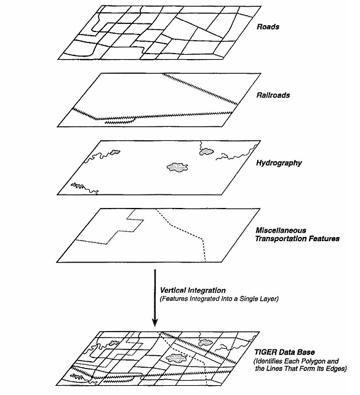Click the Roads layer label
268,26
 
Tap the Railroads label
273,95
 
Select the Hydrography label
279,163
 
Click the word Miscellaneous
281,230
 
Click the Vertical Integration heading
193,290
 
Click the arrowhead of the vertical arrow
155,322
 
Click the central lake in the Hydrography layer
178,167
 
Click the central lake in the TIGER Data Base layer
177,357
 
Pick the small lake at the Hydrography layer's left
114,152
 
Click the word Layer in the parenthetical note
270,299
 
